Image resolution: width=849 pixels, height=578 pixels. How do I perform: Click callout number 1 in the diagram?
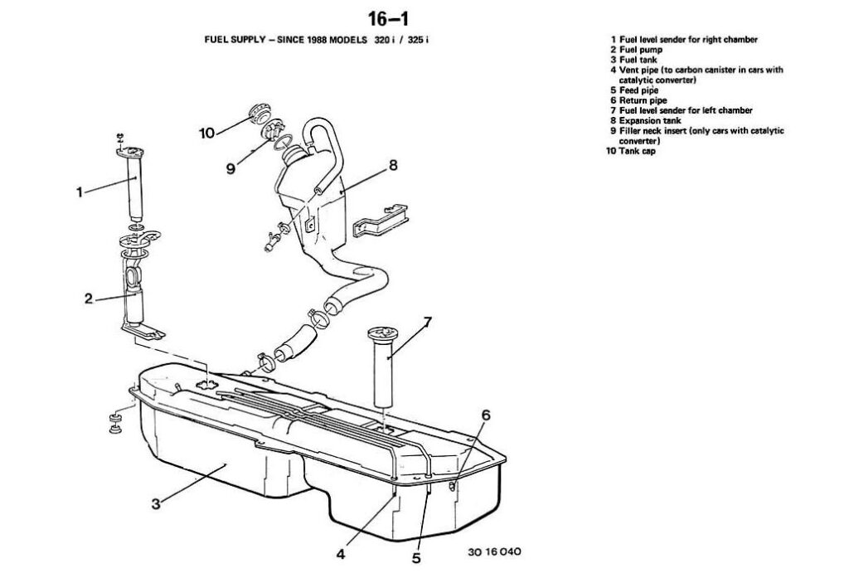(80, 192)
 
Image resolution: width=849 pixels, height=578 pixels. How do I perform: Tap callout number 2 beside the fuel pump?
(88, 299)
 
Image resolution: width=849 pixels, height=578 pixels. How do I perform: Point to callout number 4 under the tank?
(341, 552)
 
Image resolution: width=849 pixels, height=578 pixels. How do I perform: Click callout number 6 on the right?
(486, 414)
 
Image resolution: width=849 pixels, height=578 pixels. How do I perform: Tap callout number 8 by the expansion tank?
(393, 165)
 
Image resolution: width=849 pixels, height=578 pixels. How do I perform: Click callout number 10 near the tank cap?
(207, 132)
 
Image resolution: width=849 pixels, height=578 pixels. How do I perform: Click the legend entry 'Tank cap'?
(637, 151)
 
